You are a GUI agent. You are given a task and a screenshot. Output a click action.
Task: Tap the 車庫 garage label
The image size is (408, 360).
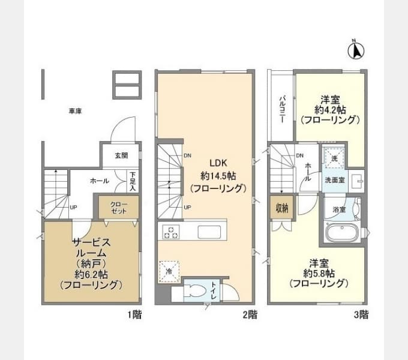pyautogui.click(x=75, y=112)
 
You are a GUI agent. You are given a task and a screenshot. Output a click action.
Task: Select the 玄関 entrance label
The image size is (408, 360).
pyautogui.click(x=121, y=155)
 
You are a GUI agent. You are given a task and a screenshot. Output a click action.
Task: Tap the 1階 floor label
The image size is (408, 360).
pyautogui.click(x=134, y=314)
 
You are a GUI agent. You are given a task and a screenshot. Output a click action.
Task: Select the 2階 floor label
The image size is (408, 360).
pyautogui.click(x=250, y=314)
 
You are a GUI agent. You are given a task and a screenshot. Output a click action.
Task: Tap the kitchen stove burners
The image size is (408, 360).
pyautogui.click(x=170, y=232)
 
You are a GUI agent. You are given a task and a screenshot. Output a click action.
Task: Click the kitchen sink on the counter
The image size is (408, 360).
pyautogui.click(x=210, y=232)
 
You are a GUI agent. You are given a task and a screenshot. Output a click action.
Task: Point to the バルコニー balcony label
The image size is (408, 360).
pyautogui.click(x=281, y=109)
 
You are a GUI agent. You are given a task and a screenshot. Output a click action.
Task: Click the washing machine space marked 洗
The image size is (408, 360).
pyautogui.click(x=335, y=158)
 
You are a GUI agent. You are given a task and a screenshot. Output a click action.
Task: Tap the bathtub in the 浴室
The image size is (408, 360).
pyautogui.click(x=341, y=233)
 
